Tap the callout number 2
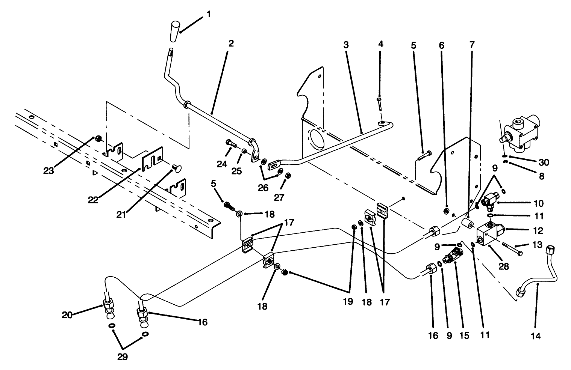[231, 44]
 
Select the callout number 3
[346, 45]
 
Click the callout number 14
[536, 336]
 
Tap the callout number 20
[67, 315]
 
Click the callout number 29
[123, 356]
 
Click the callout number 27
[279, 197]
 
